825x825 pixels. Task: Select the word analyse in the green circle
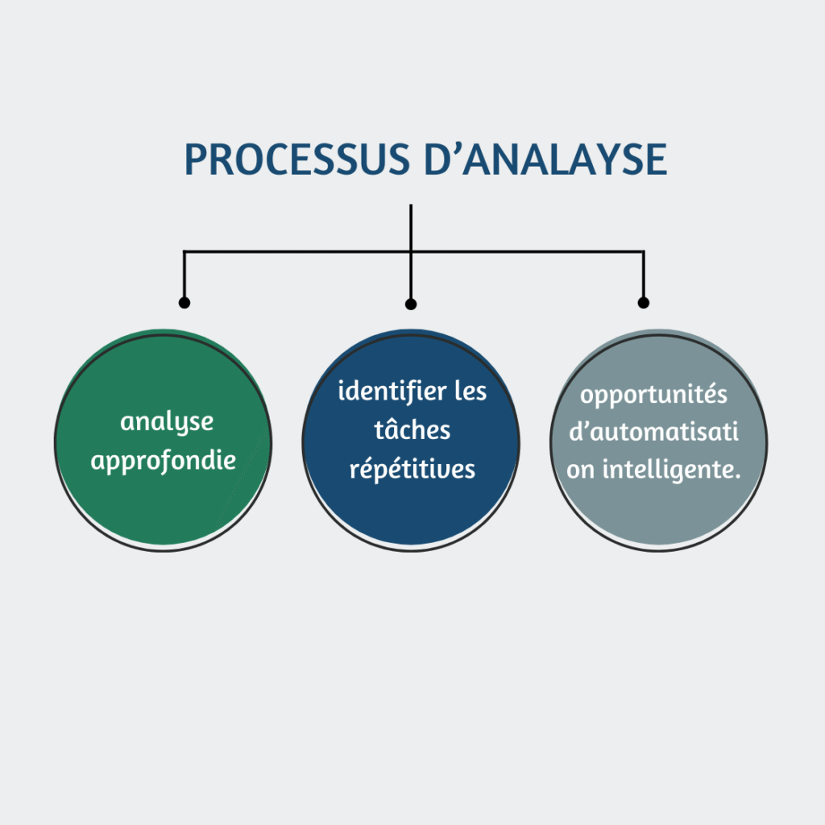(x=167, y=422)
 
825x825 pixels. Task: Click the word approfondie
(x=164, y=461)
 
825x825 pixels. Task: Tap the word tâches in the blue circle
(x=412, y=430)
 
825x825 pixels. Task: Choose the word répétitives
(x=412, y=469)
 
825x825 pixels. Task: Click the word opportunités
(x=654, y=396)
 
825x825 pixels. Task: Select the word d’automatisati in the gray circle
(x=653, y=433)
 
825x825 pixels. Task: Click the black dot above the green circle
(x=184, y=303)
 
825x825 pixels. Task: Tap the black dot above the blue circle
(x=411, y=305)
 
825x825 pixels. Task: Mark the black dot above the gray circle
(x=643, y=303)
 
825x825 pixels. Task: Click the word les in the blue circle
(x=471, y=392)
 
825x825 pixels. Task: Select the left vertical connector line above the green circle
(x=184, y=276)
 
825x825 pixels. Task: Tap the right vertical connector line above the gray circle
(x=643, y=276)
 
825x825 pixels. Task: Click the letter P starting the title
(x=194, y=160)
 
